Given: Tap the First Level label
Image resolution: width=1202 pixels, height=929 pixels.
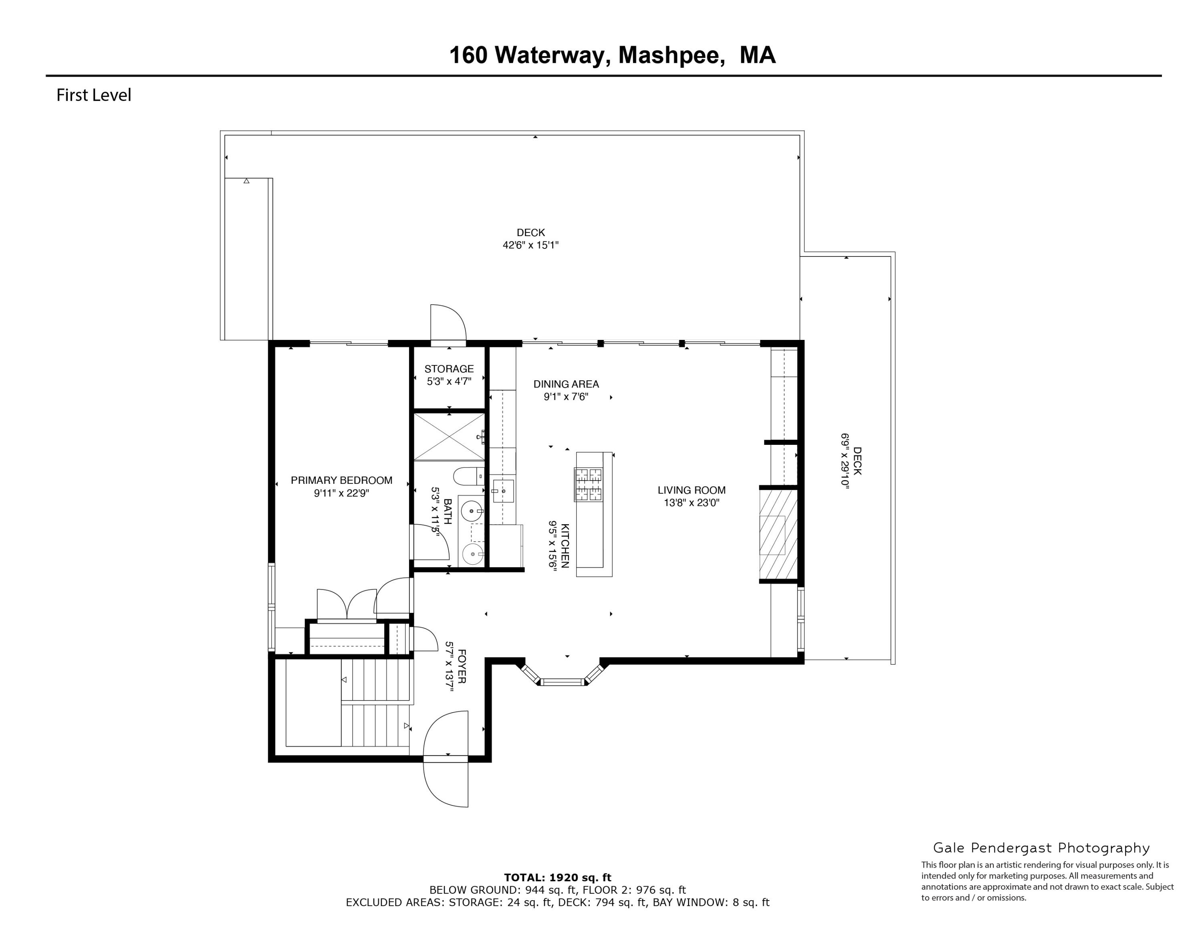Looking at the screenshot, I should (x=94, y=95).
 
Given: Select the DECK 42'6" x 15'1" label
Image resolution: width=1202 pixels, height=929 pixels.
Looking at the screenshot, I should (x=530, y=239).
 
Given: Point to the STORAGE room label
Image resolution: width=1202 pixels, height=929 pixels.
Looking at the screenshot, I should (x=449, y=369).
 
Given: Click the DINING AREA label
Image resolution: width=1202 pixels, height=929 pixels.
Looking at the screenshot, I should (x=566, y=384).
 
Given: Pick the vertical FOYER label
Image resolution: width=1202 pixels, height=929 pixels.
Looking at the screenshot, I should (x=461, y=666).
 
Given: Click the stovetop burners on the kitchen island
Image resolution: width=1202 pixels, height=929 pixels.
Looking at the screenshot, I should (x=588, y=484).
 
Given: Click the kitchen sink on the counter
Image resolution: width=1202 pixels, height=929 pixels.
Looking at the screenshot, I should (x=503, y=491).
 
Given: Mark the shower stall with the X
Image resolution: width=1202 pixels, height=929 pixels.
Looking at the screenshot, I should (x=449, y=436).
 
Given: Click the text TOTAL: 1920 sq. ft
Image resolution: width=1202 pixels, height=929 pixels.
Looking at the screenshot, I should (x=557, y=878).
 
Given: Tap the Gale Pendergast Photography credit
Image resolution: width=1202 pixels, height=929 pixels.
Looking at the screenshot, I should (x=1041, y=848).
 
